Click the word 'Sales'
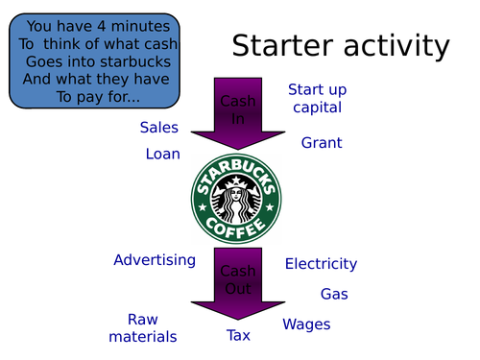159,128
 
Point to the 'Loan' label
163,154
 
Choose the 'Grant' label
322,143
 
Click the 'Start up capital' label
317,99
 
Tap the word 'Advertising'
155,260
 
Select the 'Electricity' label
321,263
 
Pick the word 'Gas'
334,294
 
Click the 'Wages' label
306,324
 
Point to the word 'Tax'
238,335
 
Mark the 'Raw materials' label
142,327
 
